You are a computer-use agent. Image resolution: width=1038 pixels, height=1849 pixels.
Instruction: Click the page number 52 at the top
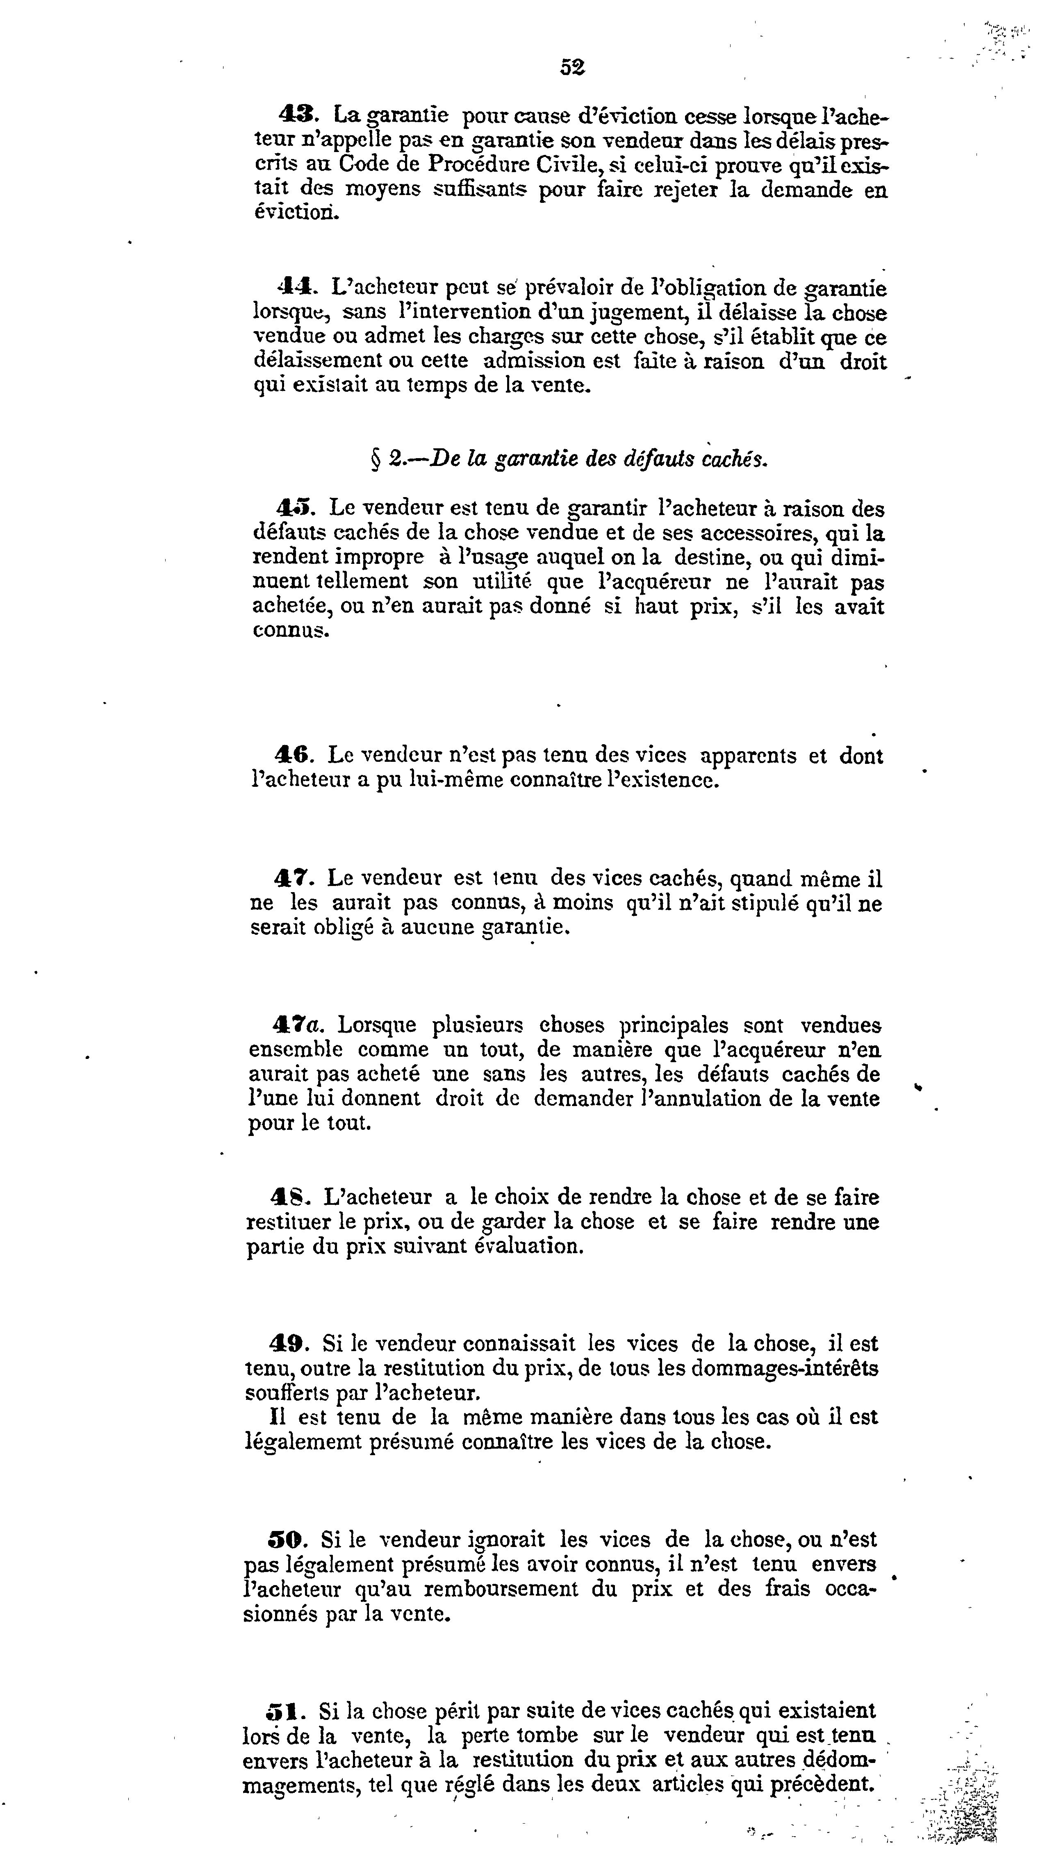pos(572,67)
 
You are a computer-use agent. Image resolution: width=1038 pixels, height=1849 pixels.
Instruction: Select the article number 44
pos(294,288)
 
